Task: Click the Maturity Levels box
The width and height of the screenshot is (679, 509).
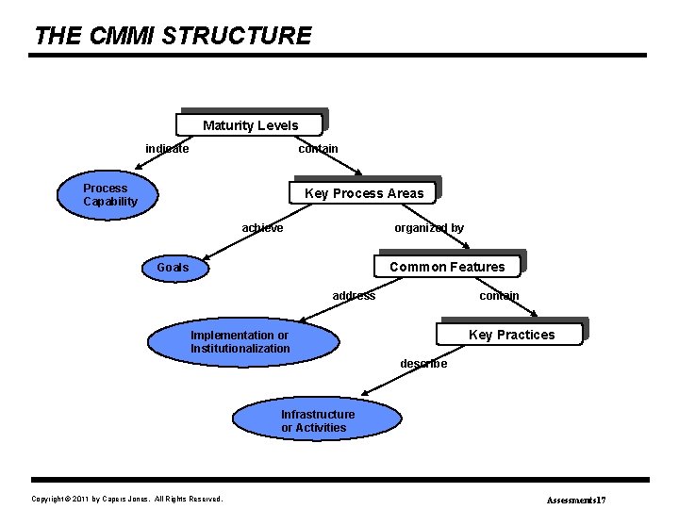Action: (250, 124)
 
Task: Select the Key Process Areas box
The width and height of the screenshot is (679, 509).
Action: (364, 193)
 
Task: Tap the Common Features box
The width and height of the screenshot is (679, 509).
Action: (447, 267)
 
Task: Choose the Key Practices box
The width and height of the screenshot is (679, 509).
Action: (511, 335)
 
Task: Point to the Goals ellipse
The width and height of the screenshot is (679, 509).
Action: (173, 267)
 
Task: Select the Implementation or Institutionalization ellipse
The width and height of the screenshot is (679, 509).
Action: (240, 342)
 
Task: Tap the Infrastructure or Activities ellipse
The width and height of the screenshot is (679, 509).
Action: (318, 420)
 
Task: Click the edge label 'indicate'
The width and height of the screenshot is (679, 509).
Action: (167, 148)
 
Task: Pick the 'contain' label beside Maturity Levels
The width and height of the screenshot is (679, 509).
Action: (318, 148)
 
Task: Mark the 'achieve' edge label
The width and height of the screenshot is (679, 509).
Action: (262, 227)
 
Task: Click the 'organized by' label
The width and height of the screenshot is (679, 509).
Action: (429, 227)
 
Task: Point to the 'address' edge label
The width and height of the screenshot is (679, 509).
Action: (354, 295)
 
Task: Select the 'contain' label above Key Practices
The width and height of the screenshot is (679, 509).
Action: (499, 295)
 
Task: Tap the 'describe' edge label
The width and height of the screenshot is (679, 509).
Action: (423, 363)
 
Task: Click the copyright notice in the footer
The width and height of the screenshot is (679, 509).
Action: (127, 499)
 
